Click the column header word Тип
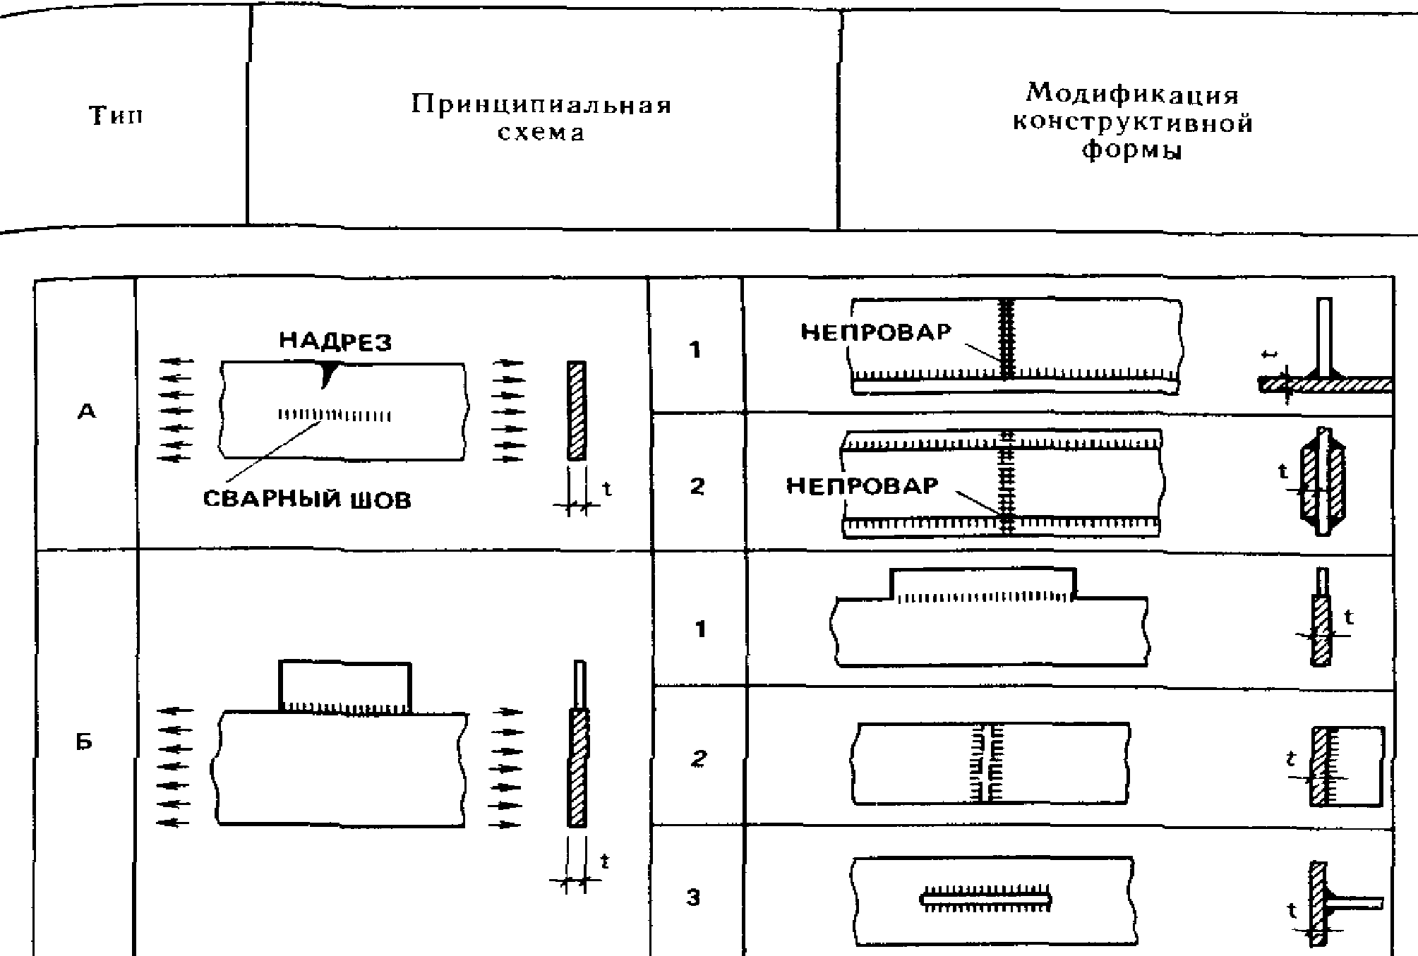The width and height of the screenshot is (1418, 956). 116,115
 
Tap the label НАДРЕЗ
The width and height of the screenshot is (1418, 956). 335,341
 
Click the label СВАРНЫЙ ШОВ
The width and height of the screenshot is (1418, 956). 307,500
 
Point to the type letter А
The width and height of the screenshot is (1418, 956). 86,412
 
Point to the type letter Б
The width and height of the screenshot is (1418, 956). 85,742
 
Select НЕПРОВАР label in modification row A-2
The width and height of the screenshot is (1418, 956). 863,485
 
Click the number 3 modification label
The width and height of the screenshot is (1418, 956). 695,897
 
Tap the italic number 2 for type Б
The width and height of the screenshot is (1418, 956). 698,759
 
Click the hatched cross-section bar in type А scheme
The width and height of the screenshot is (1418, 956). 577,411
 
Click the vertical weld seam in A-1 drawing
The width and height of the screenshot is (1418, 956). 1007,339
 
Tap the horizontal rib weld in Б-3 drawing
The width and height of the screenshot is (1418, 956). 987,898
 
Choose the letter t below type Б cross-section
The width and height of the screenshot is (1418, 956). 604,861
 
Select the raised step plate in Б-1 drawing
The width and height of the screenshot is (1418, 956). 983,581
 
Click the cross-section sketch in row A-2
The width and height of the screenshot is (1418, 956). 1322,481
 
